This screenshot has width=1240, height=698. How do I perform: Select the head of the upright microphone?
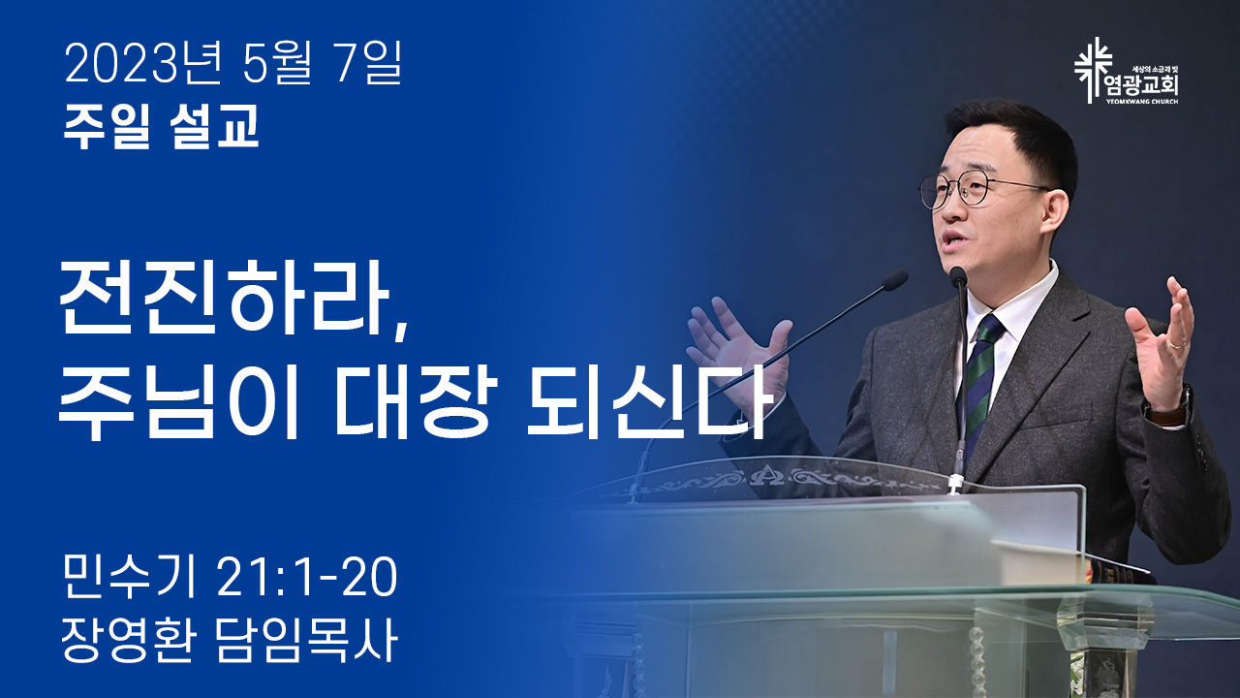(x=958, y=276)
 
